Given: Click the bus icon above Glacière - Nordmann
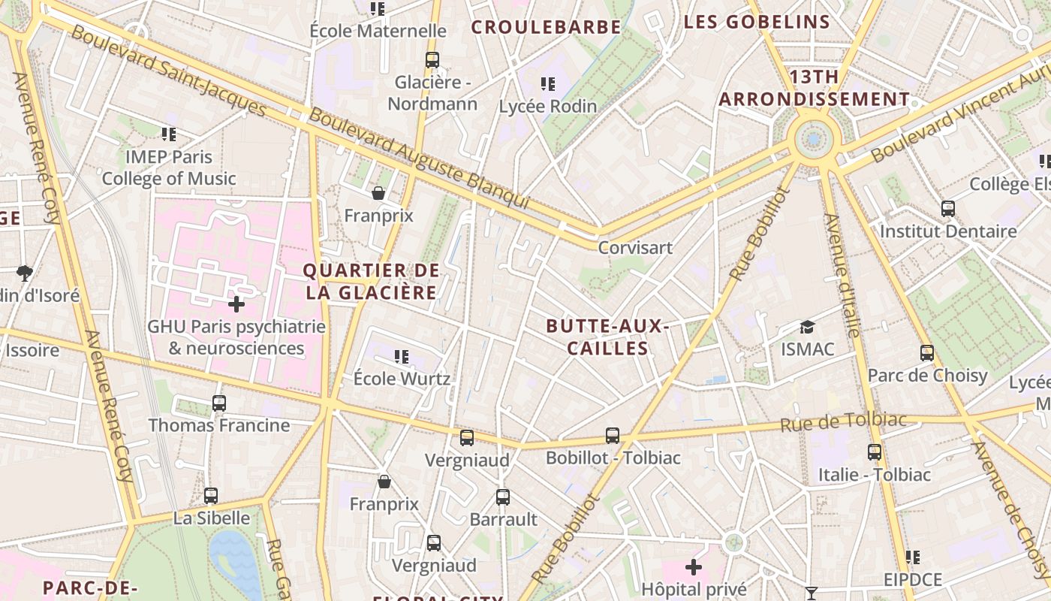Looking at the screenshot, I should click(432, 60).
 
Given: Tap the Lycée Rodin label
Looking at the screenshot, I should click(548, 106).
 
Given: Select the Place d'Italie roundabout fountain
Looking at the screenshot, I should click(814, 139).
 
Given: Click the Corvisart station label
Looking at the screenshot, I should click(635, 247).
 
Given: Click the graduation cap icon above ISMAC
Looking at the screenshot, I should click(807, 328).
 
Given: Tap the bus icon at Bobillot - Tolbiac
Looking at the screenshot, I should click(613, 436).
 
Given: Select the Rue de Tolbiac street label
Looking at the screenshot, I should click(843, 421).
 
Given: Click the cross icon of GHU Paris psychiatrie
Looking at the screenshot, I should click(236, 304).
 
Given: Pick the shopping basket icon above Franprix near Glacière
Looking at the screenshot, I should click(378, 194).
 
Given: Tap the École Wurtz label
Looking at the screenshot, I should click(402, 378).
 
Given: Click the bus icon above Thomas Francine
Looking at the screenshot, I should click(218, 403).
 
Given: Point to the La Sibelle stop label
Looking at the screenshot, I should click(211, 518).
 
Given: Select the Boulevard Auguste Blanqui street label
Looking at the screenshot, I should click(419, 159).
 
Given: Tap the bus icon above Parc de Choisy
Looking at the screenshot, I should click(927, 352).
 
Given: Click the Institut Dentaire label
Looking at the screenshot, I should click(947, 231).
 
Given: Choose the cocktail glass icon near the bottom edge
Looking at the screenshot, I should click(811, 593).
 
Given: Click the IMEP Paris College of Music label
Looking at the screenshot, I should click(169, 168).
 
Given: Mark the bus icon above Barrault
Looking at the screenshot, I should click(503, 497).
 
